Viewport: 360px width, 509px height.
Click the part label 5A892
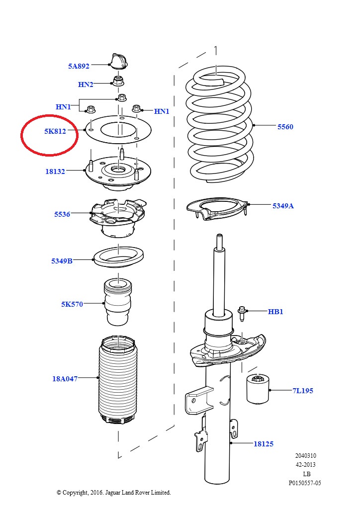click(x=79, y=66)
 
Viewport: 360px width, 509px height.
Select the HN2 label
click(x=86, y=85)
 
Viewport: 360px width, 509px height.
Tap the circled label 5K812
click(x=55, y=131)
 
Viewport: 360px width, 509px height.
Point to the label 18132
click(x=55, y=171)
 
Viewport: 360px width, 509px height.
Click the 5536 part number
click(x=62, y=214)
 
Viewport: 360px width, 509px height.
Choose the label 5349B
click(x=62, y=261)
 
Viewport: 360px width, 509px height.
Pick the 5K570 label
click(x=72, y=304)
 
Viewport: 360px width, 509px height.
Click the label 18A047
click(x=65, y=379)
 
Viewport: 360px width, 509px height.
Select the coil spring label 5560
click(x=285, y=127)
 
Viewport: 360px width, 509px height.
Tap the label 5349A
click(x=283, y=205)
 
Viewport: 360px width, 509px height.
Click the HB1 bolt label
click(x=275, y=312)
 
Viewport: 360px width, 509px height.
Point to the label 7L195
click(x=303, y=391)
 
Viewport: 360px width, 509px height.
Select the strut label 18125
click(x=263, y=444)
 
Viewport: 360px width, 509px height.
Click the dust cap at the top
click(x=118, y=61)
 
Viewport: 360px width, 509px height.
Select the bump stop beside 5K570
click(x=118, y=303)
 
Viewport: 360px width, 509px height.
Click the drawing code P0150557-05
click(x=305, y=483)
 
